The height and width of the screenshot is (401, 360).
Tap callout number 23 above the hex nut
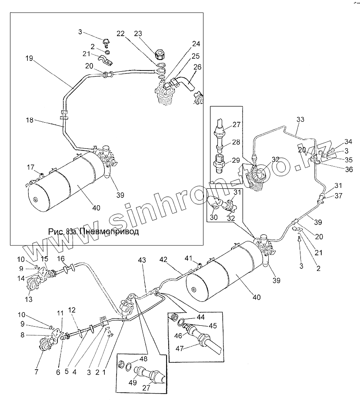tap(138, 33)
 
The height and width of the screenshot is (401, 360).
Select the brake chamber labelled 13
tap(32, 287)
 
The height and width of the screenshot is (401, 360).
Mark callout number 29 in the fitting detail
tap(236, 160)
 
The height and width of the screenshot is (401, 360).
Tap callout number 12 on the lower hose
tap(72, 310)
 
